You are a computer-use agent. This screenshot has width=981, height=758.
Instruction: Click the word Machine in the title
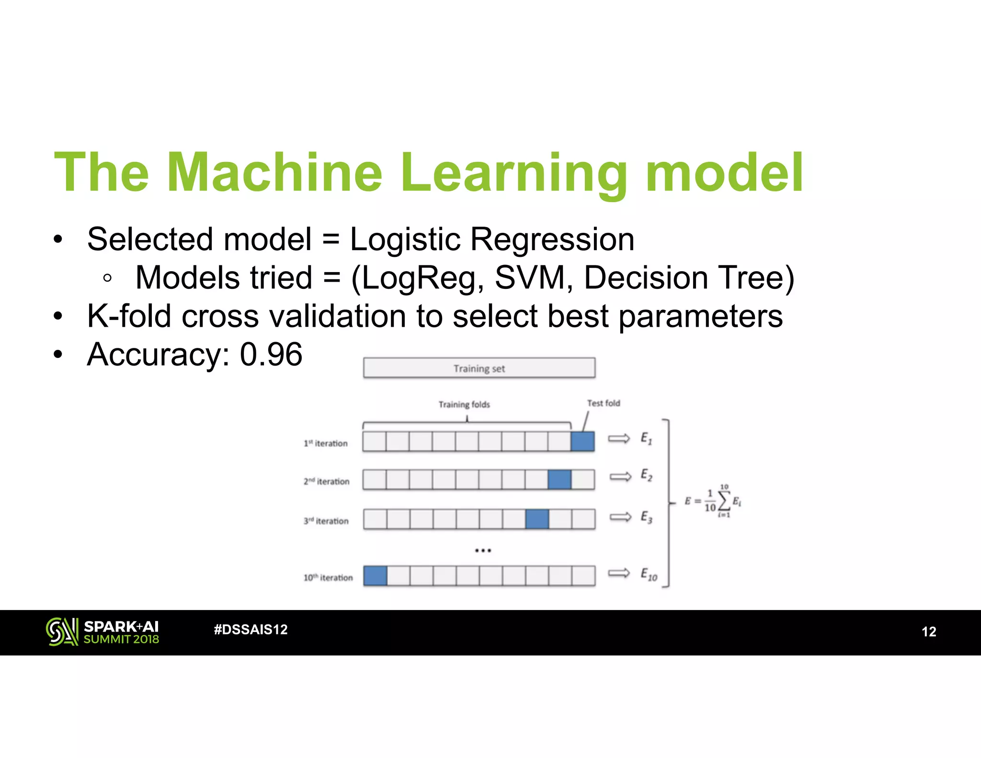pos(274,172)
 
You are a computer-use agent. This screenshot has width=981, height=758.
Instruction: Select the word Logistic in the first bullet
pos(404,240)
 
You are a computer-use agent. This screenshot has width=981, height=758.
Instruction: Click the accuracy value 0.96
pos(271,355)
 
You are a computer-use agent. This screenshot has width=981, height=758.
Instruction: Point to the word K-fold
pos(128,316)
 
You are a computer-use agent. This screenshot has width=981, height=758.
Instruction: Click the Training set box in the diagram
pos(479,368)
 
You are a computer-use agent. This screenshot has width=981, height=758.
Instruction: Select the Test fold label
pos(604,403)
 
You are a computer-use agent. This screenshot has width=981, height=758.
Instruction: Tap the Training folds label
pos(464,404)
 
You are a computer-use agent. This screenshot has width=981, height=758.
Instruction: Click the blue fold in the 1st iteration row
pos(582,441)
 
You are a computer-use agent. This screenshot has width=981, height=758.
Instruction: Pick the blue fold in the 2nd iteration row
pos(559,479)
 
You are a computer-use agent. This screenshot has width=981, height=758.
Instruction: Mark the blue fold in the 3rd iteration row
pos(537,519)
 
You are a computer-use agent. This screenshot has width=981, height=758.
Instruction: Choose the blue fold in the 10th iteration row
pos(375,576)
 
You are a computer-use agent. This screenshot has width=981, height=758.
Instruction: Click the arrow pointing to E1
pos(619,438)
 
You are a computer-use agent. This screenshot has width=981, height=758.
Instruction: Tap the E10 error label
pos(649,574)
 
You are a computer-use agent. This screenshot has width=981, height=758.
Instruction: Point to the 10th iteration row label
pos(328,578)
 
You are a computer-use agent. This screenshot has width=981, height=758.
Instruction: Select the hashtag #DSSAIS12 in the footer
pos(251,630)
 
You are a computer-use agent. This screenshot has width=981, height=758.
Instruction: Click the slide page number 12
pos(929,632)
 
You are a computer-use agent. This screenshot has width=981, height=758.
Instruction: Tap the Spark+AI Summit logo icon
pos(62,632)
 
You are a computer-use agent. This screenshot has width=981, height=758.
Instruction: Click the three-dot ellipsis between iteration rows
pos(483,551)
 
